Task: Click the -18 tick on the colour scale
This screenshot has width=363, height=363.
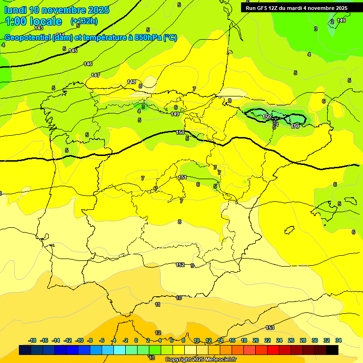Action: point(33,340)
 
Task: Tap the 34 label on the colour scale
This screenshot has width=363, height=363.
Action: point(338,340)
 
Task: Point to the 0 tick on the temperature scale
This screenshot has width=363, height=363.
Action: point(136,340)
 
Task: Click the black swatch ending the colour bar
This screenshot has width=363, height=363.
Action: point(332,350)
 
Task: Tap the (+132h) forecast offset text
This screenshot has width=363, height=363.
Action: point(84,21)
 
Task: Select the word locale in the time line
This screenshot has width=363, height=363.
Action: point(46,21)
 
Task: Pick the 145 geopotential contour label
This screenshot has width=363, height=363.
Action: point(73,51)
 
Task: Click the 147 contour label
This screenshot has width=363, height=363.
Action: point(95,75)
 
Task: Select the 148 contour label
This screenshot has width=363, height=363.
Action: point(131,82)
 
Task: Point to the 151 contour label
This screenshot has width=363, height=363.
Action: point(182,177)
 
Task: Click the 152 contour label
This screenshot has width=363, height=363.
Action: point(180,265)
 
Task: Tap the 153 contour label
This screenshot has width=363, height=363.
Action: point(270,328)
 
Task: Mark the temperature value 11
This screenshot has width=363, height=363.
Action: point(158,304)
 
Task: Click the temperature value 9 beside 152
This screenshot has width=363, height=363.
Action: point(192,266)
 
